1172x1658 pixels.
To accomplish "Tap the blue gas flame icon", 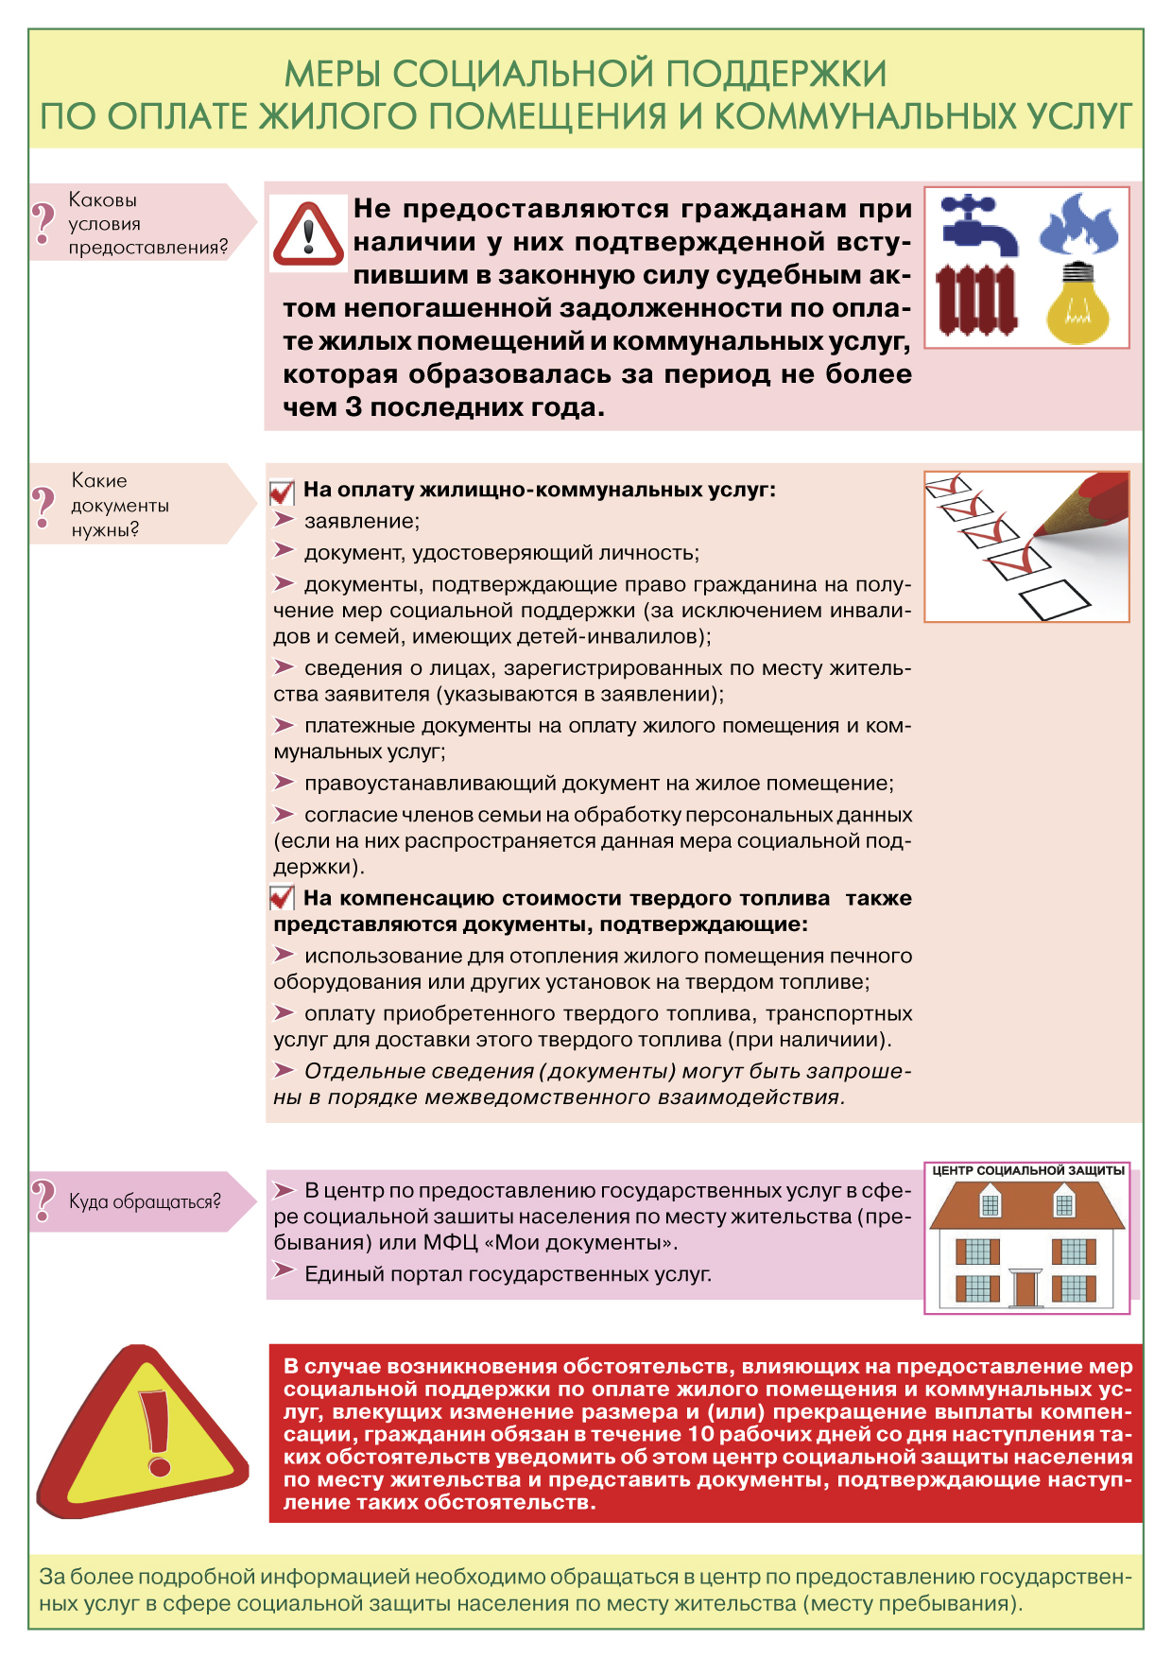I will point(1078,225).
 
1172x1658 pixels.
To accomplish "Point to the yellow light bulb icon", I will point(1077,304).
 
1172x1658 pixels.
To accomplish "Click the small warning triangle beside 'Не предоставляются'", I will point(308,233).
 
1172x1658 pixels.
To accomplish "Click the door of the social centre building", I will point(1025,1287).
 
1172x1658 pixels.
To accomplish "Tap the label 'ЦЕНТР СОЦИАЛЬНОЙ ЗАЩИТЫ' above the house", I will point(1028,1170).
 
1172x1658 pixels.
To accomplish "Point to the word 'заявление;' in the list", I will point(362,521).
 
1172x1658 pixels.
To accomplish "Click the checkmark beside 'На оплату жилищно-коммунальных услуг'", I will point(283,492).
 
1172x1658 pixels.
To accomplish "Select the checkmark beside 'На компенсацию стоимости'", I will point(283,897).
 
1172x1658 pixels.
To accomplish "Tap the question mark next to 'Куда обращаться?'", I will point(43,1200).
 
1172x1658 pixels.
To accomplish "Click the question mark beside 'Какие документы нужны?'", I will point(43,505).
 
